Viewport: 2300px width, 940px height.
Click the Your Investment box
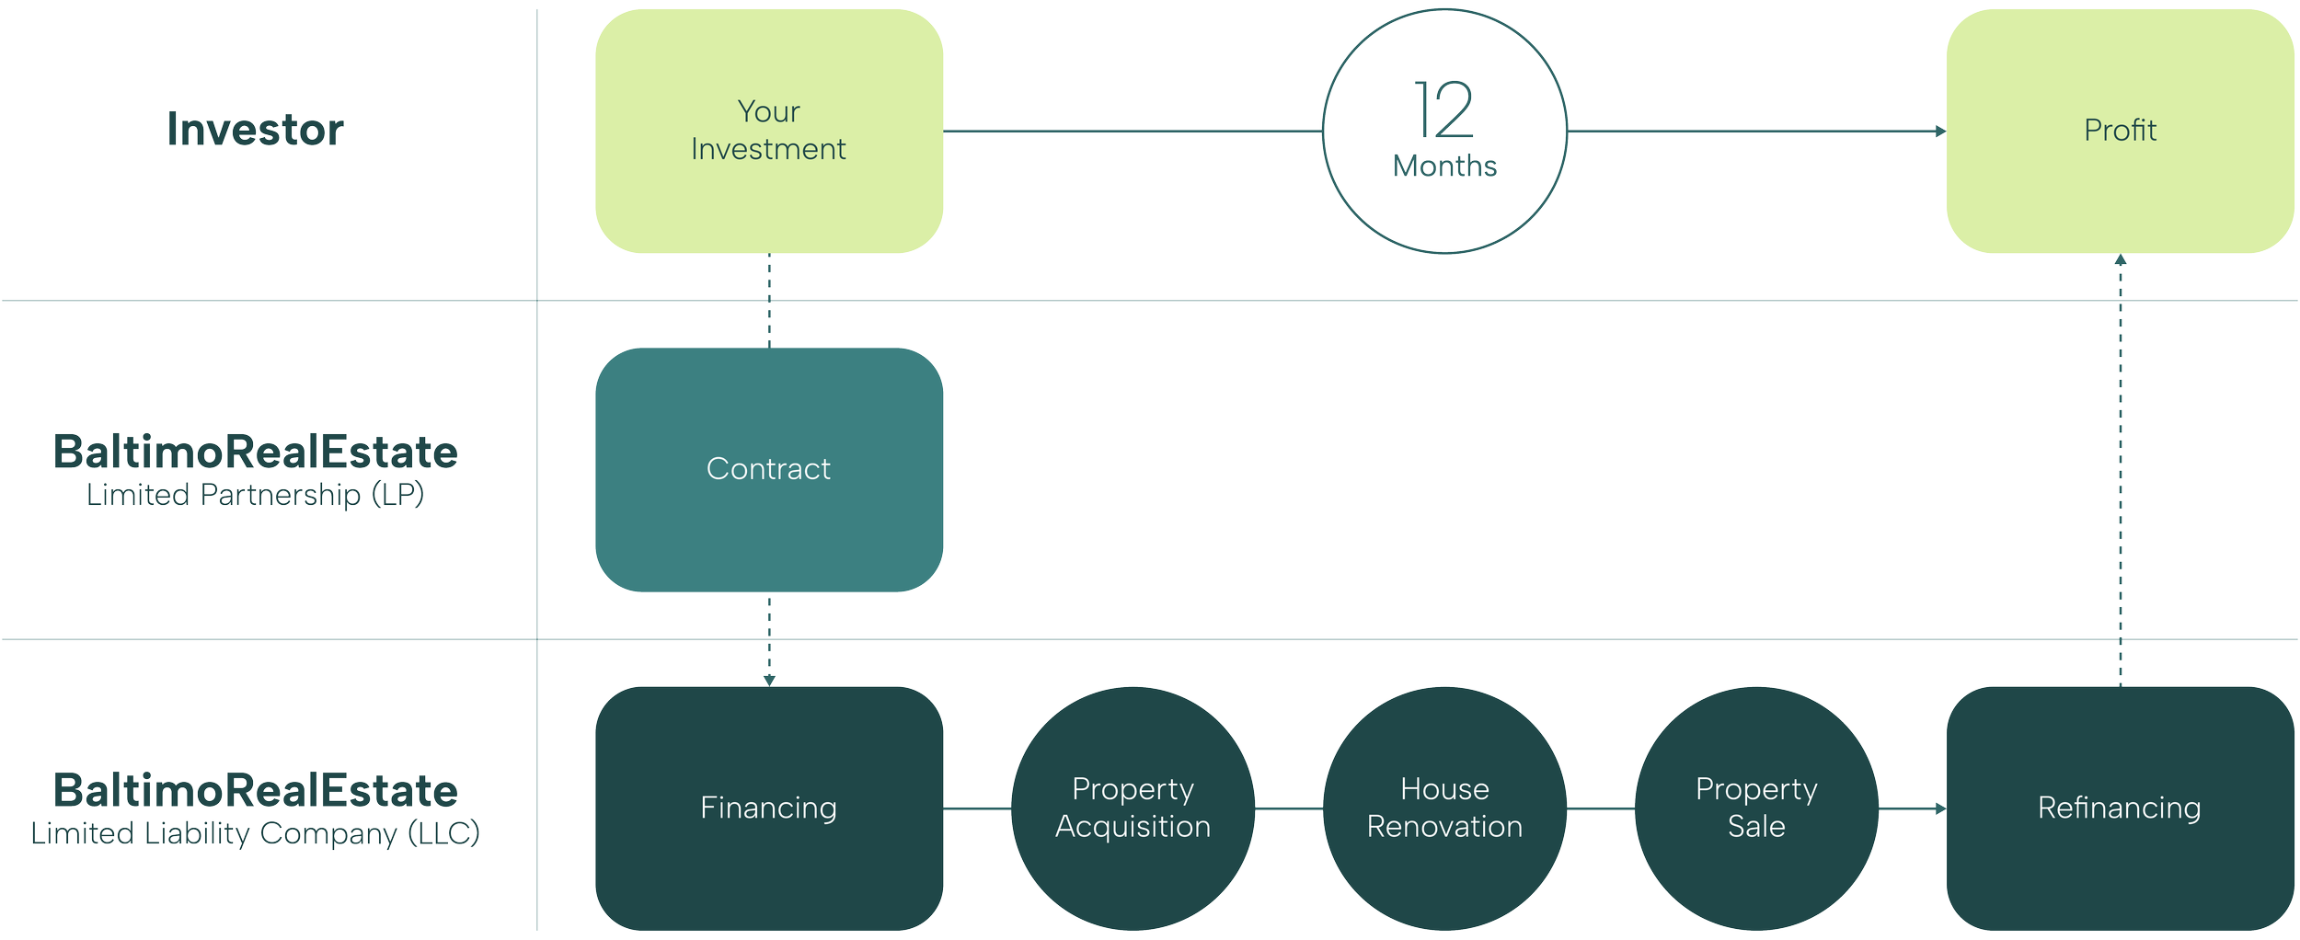768,131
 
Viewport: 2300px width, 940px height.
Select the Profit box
2119,131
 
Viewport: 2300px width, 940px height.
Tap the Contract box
768,469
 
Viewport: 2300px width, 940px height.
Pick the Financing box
768,808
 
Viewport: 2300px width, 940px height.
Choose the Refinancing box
2119,808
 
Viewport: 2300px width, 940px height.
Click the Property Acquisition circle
1133,808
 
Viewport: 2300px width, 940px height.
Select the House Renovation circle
1444,808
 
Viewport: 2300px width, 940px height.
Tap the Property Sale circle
1755,808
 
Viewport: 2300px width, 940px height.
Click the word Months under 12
1444,166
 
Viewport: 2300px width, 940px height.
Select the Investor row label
255,130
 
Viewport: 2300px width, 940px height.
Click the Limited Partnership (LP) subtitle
255,496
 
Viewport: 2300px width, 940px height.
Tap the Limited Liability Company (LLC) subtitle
255,834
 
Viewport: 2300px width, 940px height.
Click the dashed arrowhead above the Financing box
769,680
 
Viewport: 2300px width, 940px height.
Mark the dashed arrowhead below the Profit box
2120,261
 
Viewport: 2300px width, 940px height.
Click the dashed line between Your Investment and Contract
769,301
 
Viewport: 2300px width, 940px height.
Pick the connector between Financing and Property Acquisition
977,808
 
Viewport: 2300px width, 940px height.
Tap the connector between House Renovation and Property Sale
1600,808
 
